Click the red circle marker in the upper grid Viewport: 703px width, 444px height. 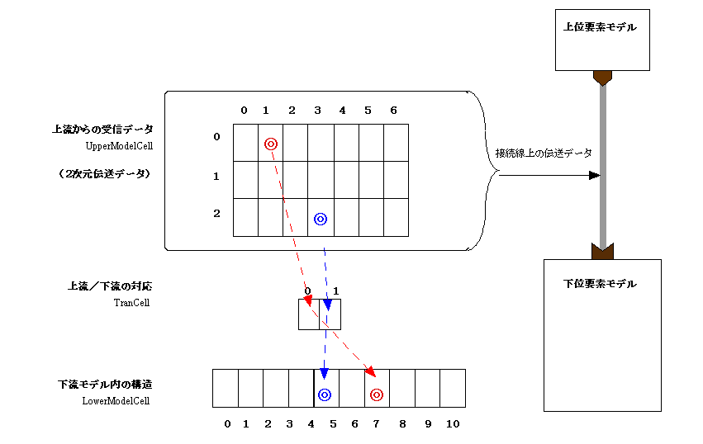[x=270, y=144]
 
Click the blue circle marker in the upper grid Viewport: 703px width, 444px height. [x=321, y=219]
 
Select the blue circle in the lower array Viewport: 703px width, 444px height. [x=325, y=395]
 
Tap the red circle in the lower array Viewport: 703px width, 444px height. [x=377, y=395]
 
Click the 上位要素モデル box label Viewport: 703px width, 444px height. [x=601, y=26]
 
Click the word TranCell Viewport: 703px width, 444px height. [x=131, y=303]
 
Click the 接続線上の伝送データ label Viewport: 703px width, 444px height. [x=543, y=153]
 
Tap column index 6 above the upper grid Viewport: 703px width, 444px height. [x=393, y=111]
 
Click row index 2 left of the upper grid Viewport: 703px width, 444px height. [x=216, y=213]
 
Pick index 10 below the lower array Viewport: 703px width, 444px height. [x=452, y=424]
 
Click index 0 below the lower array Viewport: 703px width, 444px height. [x=227, y=424]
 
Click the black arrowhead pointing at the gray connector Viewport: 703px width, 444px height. [x=594, y=176]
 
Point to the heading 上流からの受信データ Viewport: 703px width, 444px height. [x=102, y=130]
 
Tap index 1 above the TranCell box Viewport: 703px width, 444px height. [x=335, y=290]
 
